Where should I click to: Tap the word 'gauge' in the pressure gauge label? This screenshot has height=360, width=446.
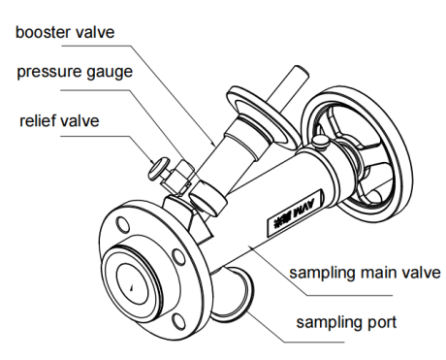pyautogui.click(x=110, y=73)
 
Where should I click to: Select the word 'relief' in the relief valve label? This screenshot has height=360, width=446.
pyautogui.click(x=37, y=120)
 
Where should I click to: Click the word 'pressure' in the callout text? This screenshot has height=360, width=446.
pyautogui.click(x=49, y=73)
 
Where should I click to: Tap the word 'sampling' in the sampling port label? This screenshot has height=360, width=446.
pyautogui.click(x=332, y=323)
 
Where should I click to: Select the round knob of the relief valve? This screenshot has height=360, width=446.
pyautogui.click(x=158, y=168)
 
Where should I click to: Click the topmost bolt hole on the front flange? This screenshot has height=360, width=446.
pyautogui.click(x=123, y=224)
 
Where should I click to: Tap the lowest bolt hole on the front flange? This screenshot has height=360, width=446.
pyautogui.click(x=178, y=321)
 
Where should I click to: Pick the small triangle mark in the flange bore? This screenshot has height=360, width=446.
pyautogui.click(x=131, y=287)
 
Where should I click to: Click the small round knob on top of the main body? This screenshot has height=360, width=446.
pyautogui.click(x=320, y=141)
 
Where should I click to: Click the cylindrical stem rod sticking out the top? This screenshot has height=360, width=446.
pyautogui.click(x=289, y=86)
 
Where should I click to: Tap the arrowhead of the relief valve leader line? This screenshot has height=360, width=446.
pyautogui.click(x=153, y=161)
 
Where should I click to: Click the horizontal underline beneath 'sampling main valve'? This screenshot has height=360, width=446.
pyautogui.click(x=349, y=295)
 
